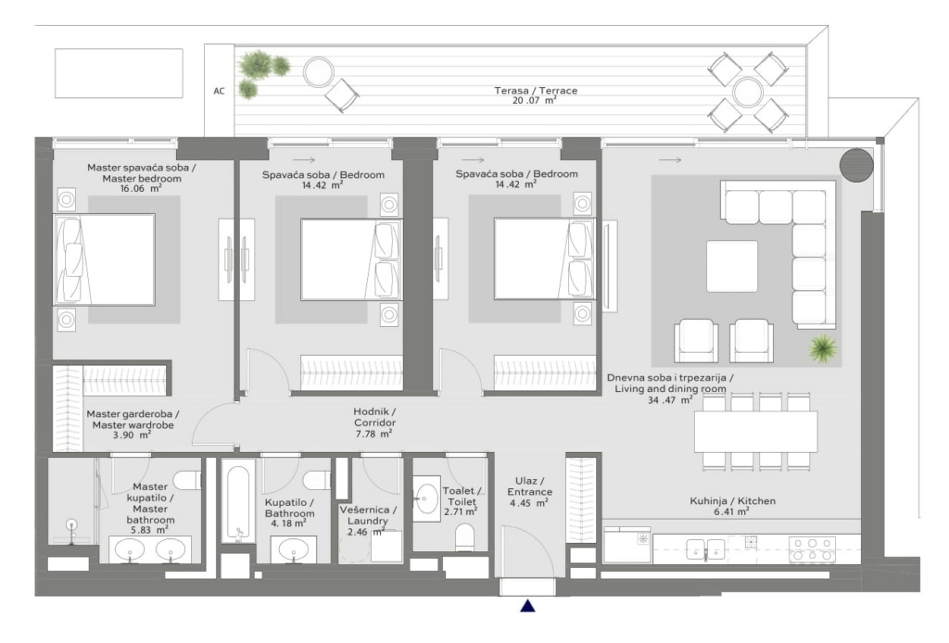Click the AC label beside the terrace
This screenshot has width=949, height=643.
[219, 92]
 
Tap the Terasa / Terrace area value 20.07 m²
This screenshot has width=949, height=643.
[535, 100]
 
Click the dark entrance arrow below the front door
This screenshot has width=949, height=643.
[527, 606]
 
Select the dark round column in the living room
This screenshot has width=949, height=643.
[856, 165]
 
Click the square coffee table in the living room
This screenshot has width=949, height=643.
[732, 266]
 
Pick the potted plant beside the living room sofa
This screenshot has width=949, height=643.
[823, 348]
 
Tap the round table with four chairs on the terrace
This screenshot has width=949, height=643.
[748, 93]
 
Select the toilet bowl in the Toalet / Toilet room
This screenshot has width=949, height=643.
[465, 537]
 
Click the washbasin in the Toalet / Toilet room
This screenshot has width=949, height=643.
[426, 499]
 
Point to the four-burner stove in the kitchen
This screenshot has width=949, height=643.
[812, 549]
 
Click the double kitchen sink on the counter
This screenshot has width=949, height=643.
[705, 549]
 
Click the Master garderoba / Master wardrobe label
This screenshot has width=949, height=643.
[133, 419]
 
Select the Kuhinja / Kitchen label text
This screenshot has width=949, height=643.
[732, 501]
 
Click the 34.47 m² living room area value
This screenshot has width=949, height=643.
[670, 400]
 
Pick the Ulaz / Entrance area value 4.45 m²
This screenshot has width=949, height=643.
[529, 503]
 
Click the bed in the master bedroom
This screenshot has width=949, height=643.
[105, 259]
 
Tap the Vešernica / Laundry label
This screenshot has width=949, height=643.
[368, 515]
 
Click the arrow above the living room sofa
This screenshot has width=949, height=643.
[670, 160]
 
